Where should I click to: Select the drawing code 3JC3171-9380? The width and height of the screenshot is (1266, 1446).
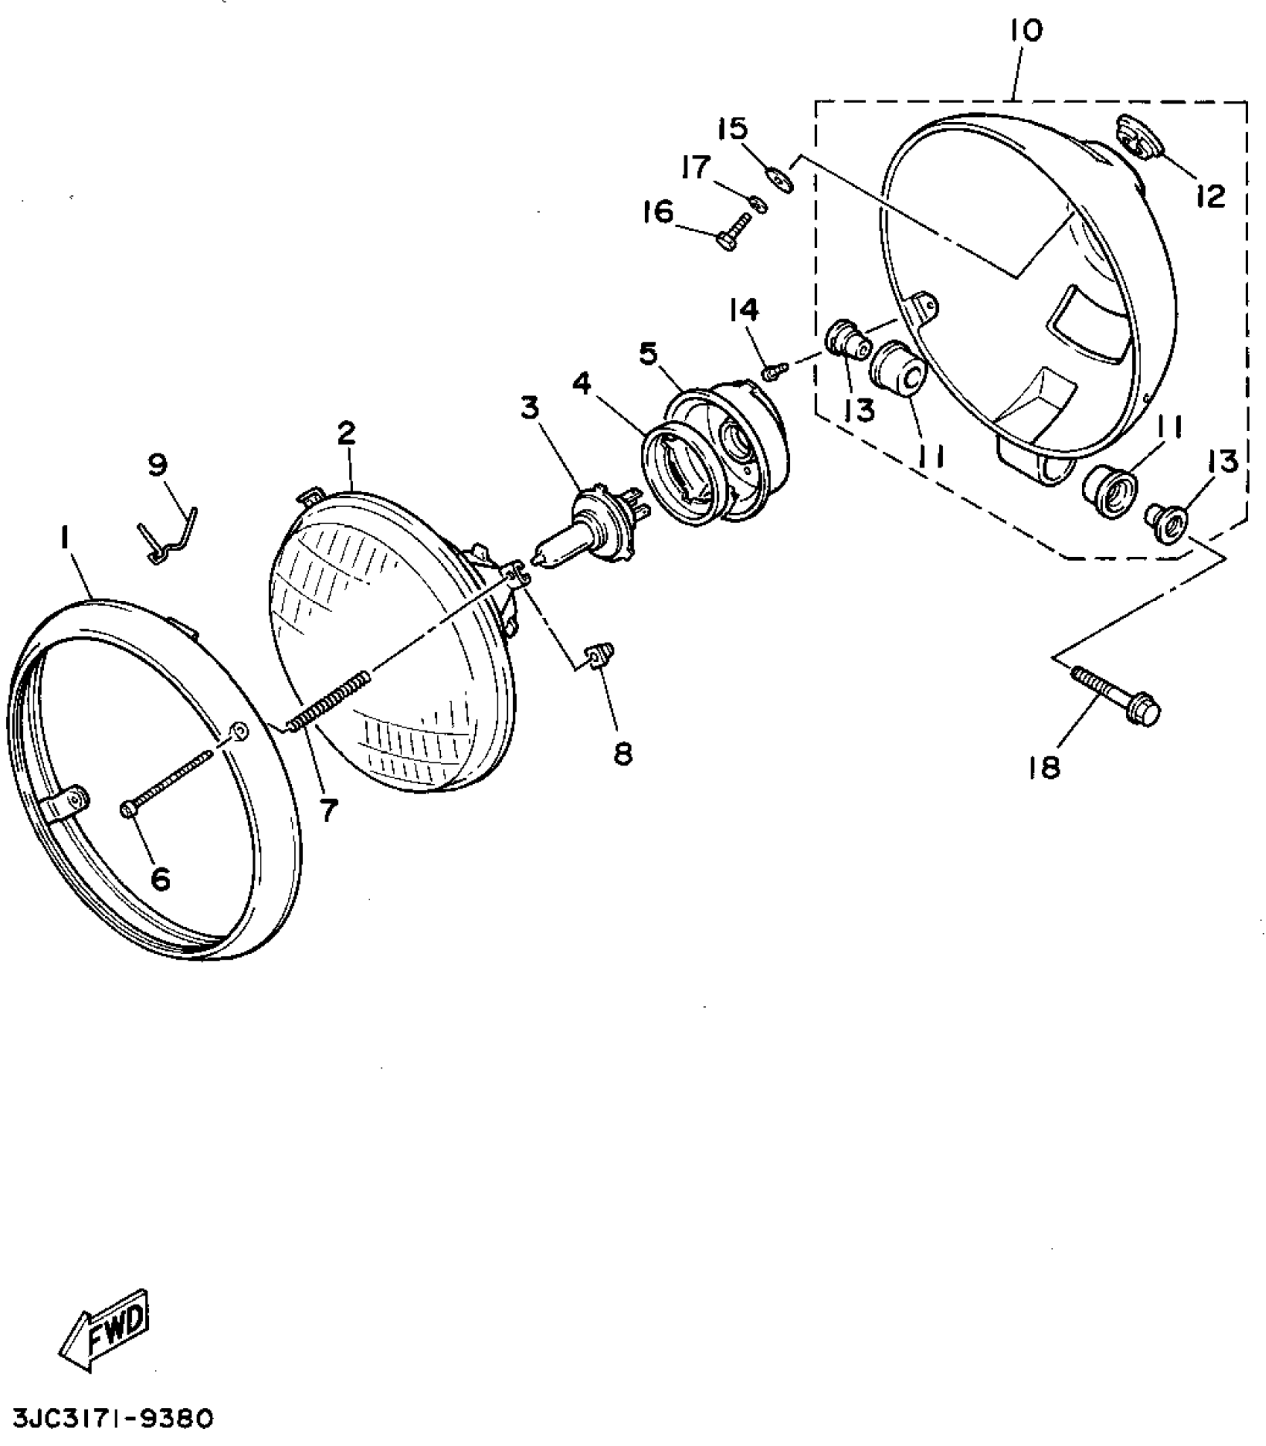pyautogui.click(x=112, y=1418)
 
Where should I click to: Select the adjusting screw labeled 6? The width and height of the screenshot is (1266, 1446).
pyautogui.click(x=167, y=782)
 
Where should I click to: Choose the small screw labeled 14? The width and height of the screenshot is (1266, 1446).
pyautogui.click(x=774, y=370)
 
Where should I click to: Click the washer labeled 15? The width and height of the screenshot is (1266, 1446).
pyautogui.click(x=779, y=179)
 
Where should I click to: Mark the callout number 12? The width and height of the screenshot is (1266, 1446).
pyautogui.click(x=1211, y=197)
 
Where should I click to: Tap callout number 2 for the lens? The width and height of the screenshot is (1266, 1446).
pyautogui.click(x=346, y=433)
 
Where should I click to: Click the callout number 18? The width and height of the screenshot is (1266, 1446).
pyautogui.click(x=1044, y=768)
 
